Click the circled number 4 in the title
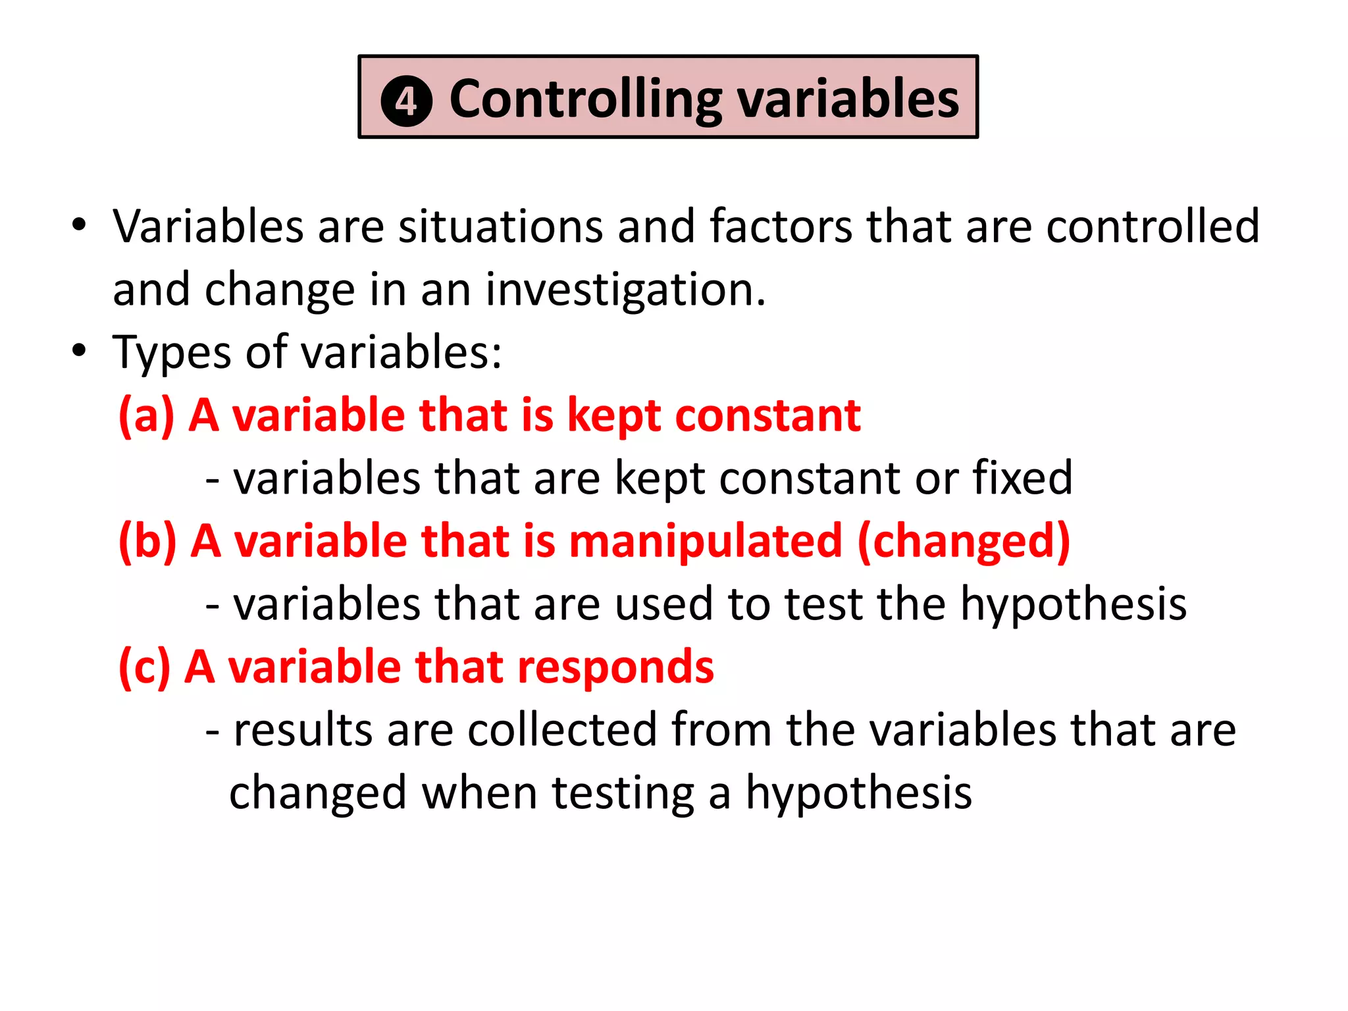point(406,102)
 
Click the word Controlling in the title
point(585,100)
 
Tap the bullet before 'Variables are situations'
point(79,224)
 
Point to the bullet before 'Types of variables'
point(79,351)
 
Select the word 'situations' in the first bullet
point(500,226)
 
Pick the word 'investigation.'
point(626,290)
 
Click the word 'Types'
point(171,353)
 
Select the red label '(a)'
point(146,415)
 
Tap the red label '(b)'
point(147,541)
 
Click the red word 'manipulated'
point(705,541)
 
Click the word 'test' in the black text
point(823,604)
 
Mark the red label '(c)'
point(144,667)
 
